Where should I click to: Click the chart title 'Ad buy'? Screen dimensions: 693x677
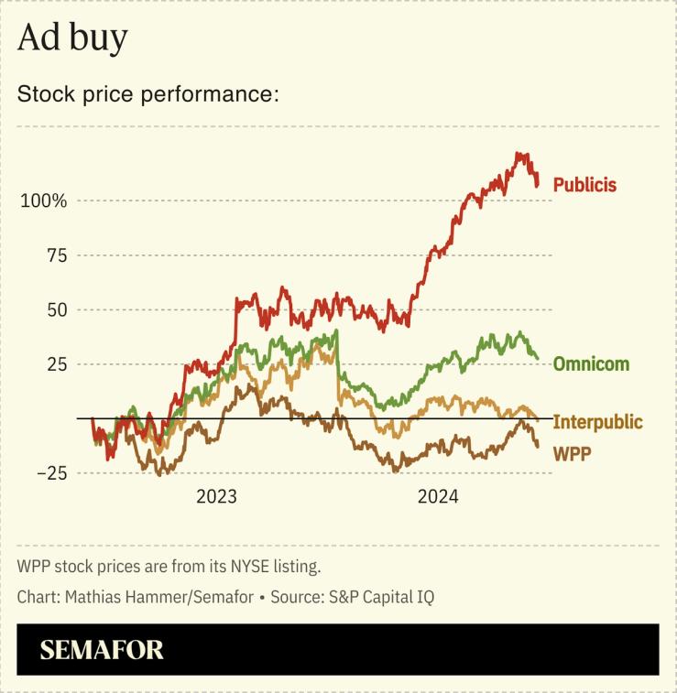coord(72,38)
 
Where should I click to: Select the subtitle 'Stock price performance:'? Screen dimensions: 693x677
coord(147,94)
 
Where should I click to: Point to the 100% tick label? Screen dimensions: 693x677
coord(44,200)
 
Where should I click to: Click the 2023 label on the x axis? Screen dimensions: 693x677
coord(216,497)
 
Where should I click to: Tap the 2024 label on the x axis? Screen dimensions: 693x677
coord(438,497)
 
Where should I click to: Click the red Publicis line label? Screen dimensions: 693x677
coord(584,185)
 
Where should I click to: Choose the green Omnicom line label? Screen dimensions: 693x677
coord(591,364)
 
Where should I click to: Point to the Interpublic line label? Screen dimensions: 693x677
coord(597,422)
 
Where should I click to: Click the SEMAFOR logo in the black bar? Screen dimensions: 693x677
coord(102,650)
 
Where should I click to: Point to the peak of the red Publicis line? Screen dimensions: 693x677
coord(519,154)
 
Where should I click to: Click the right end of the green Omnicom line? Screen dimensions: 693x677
coord(538,358)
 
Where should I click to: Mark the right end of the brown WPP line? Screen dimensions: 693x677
coord(538,446)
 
